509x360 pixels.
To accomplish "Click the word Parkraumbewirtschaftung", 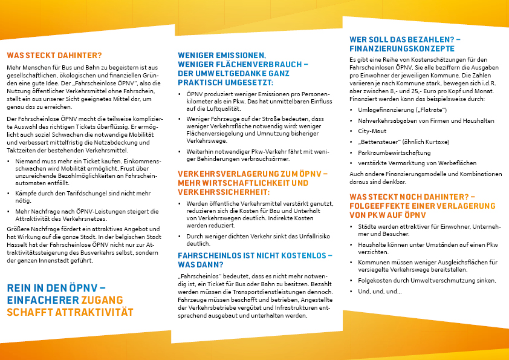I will [x=390, y=152].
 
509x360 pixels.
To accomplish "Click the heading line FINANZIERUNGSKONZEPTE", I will [x=401, y=48].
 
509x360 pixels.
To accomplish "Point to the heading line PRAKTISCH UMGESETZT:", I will [x=225, y=82].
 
